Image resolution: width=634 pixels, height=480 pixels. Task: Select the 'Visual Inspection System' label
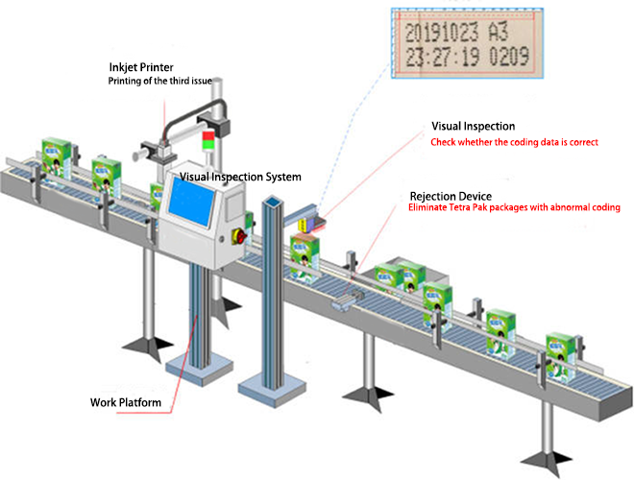point(241,177)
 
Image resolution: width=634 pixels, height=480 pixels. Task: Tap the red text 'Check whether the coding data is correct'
point(514,142)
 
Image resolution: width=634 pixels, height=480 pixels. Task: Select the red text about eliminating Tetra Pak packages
point(513,207)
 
